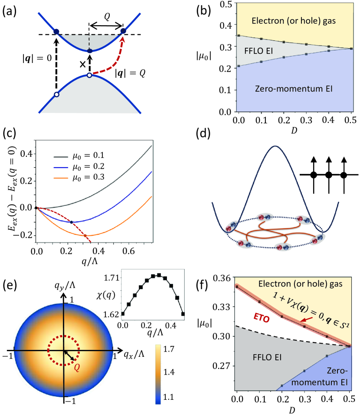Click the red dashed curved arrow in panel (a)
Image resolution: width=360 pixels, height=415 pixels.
tap(112, 61)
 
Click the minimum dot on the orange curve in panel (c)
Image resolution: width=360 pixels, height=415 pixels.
tap(85, 236)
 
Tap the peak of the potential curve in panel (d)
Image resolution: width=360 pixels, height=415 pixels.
tap(275, 147)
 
